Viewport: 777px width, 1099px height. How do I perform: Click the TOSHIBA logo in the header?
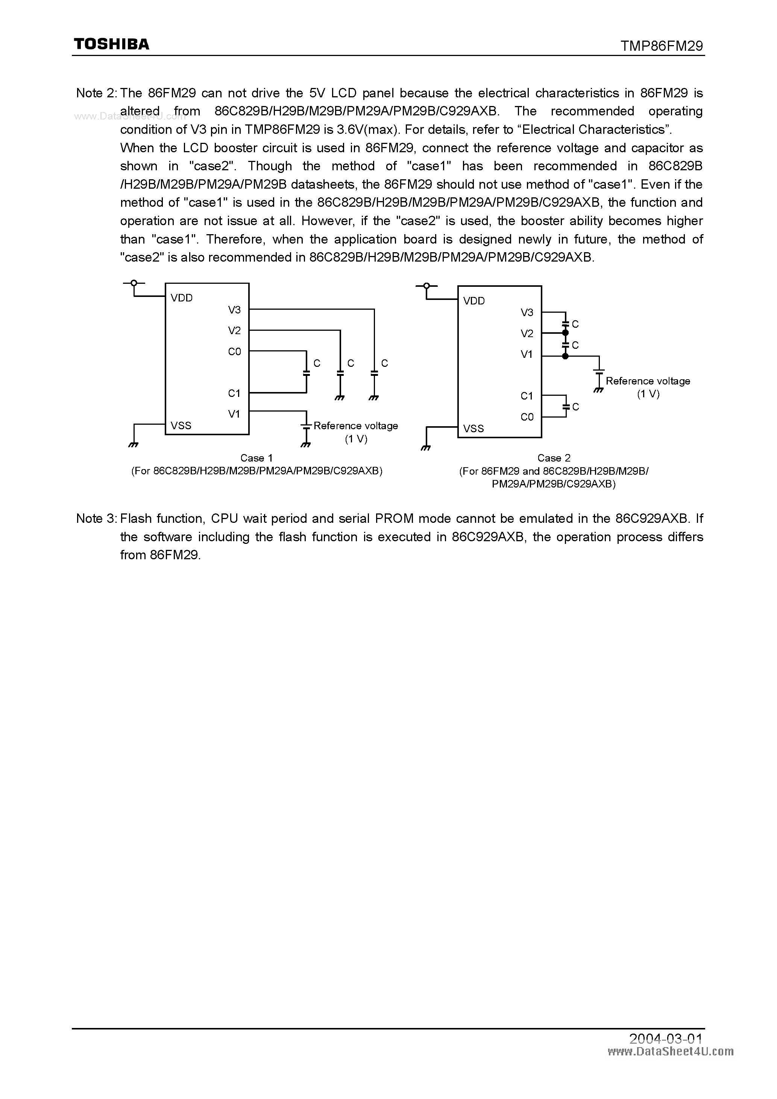(x=111, y=44)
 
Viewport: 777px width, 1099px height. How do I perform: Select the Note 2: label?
(x=96, y=93)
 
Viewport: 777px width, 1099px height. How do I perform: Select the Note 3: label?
(x=96, y=518)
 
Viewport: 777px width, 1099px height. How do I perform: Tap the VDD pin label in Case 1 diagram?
(x=182, y=298)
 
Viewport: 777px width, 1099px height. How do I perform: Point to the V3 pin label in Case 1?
(x=234, y=310)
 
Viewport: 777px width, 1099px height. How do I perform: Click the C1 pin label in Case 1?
(x=234, y=393)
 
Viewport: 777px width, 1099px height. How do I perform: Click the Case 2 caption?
(x=553, y=458)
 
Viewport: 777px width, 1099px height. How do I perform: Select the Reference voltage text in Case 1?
(x=355, y=425)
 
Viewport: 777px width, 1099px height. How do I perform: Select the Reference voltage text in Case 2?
(x=648, y=381)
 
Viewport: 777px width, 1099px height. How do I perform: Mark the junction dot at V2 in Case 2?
(x=565, y=333)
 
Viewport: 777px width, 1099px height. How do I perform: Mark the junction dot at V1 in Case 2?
(x=565, y=356)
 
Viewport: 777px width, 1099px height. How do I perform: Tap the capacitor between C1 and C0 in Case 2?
(x=566, y=406)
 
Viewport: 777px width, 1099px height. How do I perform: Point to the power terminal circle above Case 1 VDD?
(x=134, y=283)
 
